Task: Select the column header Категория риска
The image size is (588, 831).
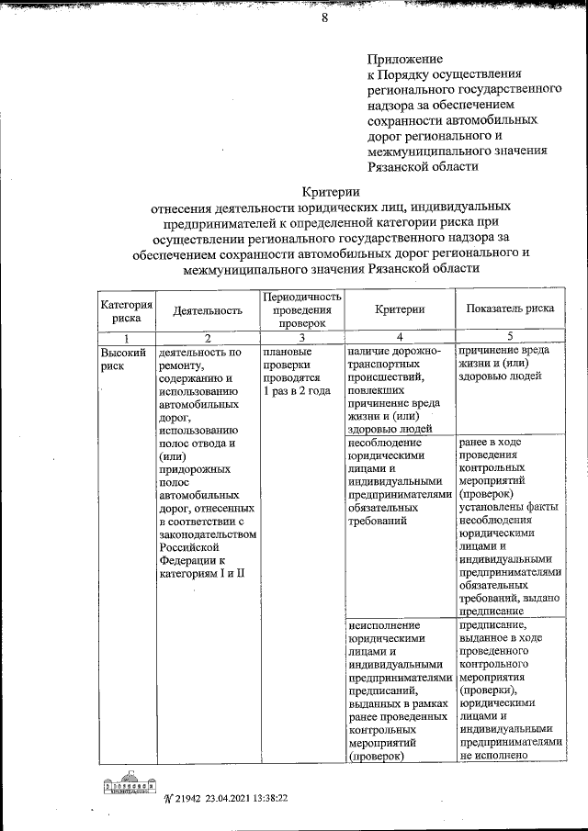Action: [x=126, y=310]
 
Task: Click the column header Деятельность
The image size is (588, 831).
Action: [x=207, y=310]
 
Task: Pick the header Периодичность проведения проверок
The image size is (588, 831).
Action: [x=302, y=310]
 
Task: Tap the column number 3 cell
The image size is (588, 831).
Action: [x=302, y=338]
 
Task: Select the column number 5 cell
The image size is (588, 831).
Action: [x=510, y=338]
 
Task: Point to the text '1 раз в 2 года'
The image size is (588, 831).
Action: [x=296, y=391]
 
